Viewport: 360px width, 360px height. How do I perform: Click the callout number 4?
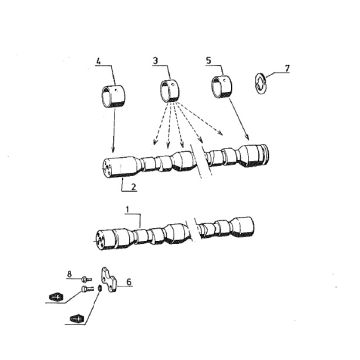click(x=98, y=61)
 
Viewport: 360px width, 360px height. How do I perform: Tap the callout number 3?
click(x=155, y=61)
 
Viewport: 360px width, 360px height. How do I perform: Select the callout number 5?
click(x=209, y=61)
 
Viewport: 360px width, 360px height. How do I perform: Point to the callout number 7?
click(x=287, y=68)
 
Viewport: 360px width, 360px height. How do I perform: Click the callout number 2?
click(x=133, y=186)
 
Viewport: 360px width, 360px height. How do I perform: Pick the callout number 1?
click(x=127, y=209)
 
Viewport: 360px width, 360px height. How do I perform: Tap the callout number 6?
click(x=129, y=282)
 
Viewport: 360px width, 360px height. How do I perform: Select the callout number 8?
click(x=69, y=274)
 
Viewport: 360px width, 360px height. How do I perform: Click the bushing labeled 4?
click(x=112, y=97)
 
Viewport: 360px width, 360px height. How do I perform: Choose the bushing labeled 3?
click(x=169, y=90)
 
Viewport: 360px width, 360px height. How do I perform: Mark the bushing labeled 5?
click(x=222, y=87)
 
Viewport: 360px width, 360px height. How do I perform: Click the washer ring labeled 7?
click(x=261, y=83)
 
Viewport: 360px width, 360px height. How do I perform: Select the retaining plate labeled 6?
click(x=108, y=280)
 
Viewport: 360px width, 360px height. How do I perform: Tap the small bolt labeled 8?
click(x=86, y=279)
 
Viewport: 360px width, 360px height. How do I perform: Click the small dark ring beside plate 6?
click(x=100, y=288)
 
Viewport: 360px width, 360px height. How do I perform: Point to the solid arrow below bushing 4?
click(x=114, y=130)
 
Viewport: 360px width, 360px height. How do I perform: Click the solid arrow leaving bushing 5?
click(x=238, y=119)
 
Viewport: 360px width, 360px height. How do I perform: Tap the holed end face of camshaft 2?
click(x=106, y=168)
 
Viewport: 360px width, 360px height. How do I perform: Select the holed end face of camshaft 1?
click(x=101, y=239)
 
